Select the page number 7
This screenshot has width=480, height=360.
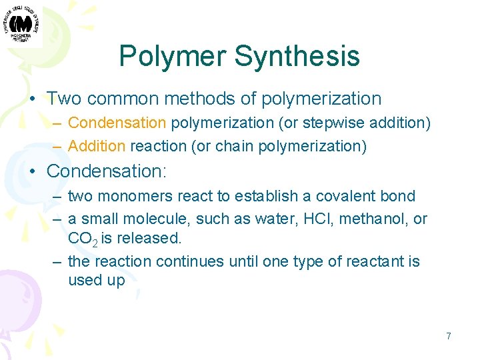[x=449, y=336]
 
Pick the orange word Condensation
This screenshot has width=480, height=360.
[x=117, y=123]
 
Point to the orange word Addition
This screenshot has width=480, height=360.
[x=97, y=145]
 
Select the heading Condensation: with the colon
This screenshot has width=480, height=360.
[x=106, y=171]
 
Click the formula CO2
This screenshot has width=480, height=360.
[x=82, y=239]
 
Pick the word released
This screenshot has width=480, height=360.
[x=149, y=238]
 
